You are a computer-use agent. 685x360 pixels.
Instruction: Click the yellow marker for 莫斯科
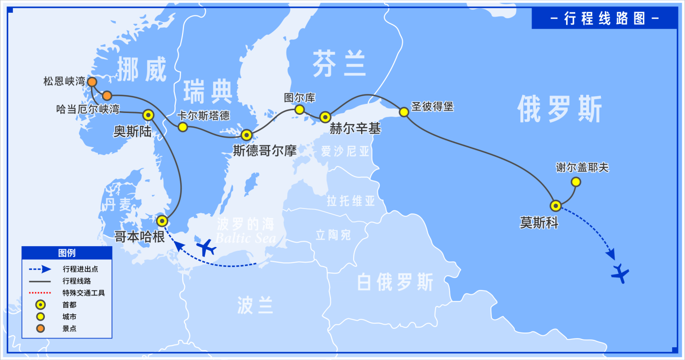[x=556, y=205]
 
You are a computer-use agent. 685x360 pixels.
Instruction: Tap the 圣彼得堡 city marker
[x=404, y=112]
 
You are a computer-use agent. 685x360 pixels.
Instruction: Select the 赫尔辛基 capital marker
[x=325, y=117]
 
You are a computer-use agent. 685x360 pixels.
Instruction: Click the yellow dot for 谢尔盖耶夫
[x=576, y=182]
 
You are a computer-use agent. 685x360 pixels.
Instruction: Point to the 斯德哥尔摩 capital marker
[x=247, y=134]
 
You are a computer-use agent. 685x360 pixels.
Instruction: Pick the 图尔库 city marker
[x=299, y=109]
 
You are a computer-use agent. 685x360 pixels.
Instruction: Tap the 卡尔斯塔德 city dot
[x=183, y=127]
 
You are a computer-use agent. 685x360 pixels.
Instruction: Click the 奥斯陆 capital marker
[x=148, y=114]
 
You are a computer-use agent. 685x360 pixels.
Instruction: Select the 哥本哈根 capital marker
[x=162, y=220]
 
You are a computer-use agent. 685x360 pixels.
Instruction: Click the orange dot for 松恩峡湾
[x=92, y=82]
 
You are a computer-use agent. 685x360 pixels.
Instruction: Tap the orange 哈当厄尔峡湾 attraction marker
[x=107, y=96]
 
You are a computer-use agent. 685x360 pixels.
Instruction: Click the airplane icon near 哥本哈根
[x=206, y=247]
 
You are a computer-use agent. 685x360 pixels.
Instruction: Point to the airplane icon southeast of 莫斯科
[x=620, y=274]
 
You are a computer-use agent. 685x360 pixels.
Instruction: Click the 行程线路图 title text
[x=604, y=19]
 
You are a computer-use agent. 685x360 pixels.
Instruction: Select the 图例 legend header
[x=67, y=253]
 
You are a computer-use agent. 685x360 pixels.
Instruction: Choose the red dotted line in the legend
[x=39, y=293]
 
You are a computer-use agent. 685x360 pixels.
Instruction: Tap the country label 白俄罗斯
[x=394, y=283]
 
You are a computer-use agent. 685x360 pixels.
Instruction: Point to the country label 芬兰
[x=339, y=64]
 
